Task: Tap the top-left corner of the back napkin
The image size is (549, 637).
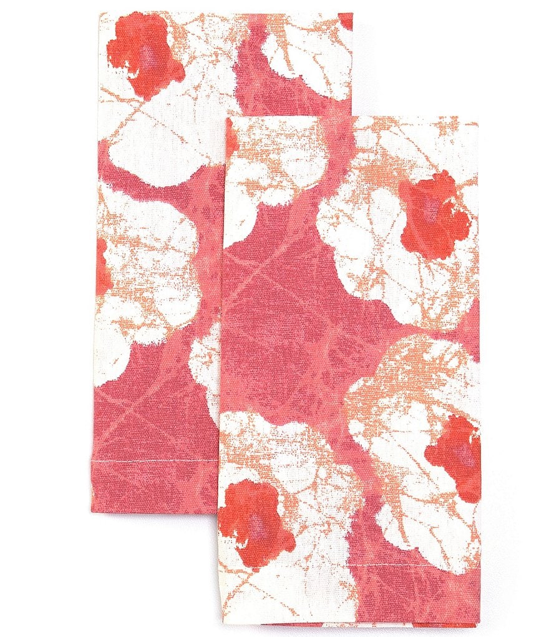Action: point(100,13)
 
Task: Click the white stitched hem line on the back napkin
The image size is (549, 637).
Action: point(156,461)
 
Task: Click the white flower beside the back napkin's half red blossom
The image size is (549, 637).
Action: point(153,269)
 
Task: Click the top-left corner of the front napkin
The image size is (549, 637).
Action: point(227,117)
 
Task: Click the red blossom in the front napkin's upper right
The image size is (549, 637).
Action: point(434,215)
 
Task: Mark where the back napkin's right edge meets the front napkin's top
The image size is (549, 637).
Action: point(352,117)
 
